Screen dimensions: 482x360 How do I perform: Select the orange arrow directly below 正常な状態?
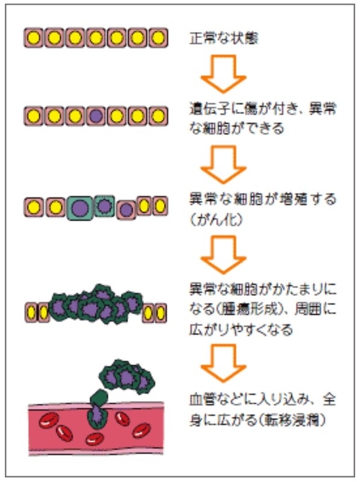coord(223,75)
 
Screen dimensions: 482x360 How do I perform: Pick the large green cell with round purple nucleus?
coord(80,208)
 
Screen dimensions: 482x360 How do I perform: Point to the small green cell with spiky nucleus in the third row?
coord(105,205)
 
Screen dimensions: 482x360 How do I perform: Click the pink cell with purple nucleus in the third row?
coord(126,210)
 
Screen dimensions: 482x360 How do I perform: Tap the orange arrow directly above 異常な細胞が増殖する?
coord(223,163)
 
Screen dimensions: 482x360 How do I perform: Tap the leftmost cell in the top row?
coord(35,38)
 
